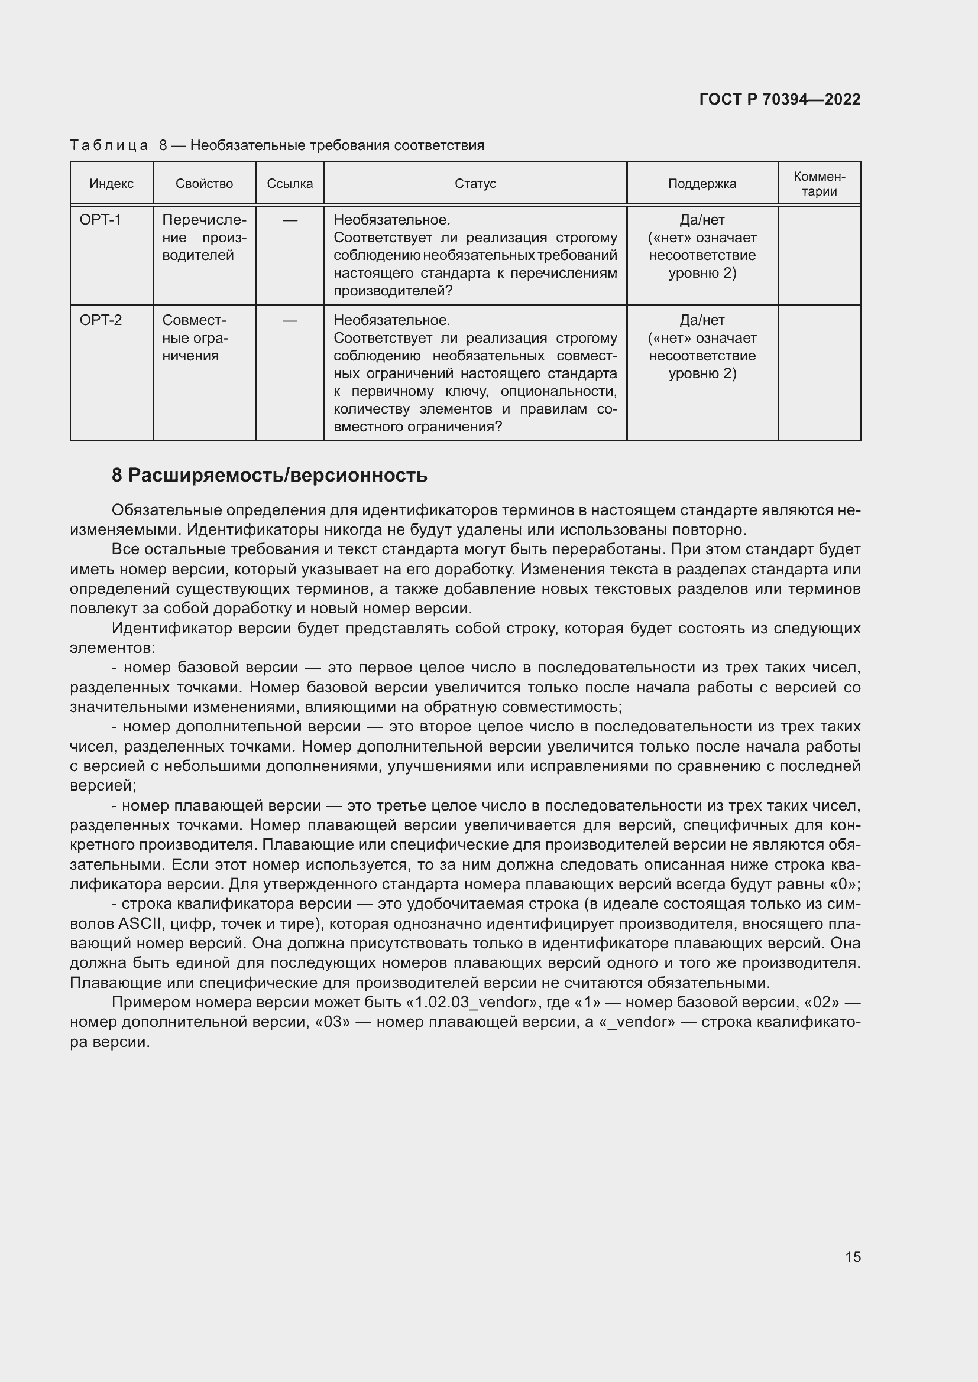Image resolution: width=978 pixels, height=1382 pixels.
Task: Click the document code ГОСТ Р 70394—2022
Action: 779,99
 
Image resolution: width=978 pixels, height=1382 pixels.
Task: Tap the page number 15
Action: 853,1257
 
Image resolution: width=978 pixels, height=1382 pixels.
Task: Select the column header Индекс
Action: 111,184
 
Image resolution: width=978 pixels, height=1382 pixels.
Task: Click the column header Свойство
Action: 204,184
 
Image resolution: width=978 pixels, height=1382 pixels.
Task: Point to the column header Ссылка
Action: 290,184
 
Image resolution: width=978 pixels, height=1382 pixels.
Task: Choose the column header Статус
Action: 475,184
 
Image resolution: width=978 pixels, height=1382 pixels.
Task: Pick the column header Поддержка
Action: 702,184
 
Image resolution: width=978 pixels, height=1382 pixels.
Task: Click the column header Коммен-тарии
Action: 819,184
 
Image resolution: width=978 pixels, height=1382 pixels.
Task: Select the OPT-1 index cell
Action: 101,220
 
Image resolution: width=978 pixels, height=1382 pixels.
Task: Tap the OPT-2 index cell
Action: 101,320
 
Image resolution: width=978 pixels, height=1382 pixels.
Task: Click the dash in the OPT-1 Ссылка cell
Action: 290,220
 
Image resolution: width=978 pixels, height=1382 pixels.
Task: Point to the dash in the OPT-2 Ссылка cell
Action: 290,321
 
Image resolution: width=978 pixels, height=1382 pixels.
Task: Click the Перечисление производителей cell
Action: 204,238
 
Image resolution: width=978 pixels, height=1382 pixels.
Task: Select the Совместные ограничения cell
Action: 196,338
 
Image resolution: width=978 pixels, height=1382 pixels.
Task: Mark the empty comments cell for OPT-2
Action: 819,373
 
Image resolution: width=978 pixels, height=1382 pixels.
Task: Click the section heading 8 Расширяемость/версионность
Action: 269,475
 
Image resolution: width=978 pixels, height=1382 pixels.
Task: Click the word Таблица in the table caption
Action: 108,146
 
